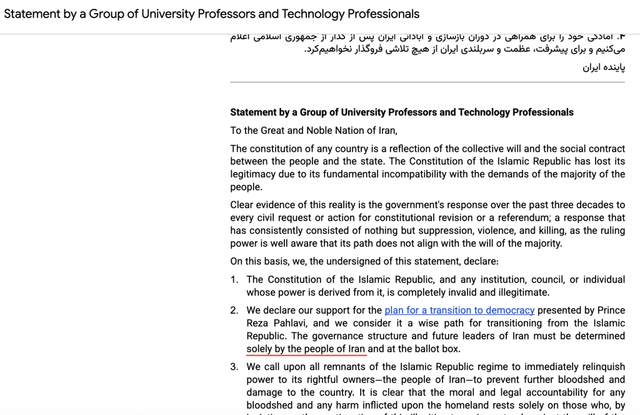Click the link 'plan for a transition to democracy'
point(459,310)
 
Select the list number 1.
point(234,279)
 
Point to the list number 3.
point(234,367)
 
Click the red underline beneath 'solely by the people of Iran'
point(306,354)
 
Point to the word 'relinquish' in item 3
point(602,367)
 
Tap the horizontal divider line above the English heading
point(427,82)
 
